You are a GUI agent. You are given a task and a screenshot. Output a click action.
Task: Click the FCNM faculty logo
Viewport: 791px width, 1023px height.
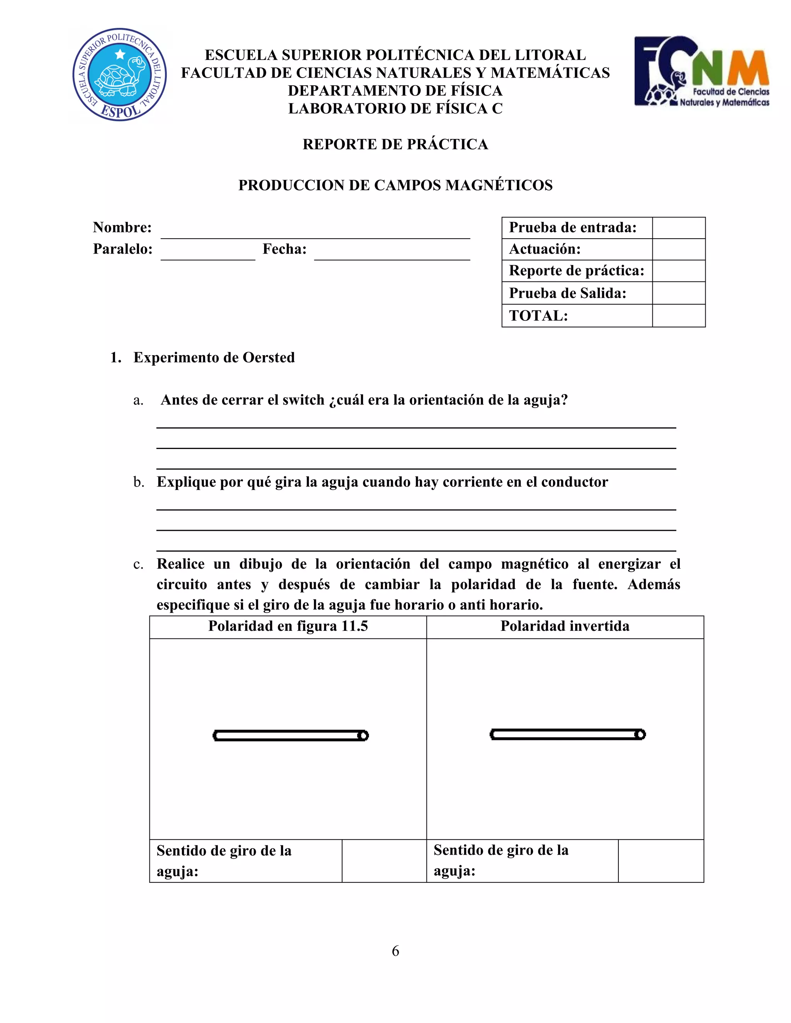[701, 72]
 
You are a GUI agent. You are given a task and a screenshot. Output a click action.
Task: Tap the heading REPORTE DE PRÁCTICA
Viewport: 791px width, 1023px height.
[395, 144]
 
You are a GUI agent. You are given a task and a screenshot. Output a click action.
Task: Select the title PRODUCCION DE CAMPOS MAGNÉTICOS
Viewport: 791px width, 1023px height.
[395, 185]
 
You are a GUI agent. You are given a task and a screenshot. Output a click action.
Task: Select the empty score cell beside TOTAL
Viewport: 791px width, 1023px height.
[678, 316]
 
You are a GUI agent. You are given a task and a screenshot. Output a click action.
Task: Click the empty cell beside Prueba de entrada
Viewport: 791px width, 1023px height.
[678, 228]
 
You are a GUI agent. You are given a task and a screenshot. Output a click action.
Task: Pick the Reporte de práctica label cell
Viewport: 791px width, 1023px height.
[576, 271]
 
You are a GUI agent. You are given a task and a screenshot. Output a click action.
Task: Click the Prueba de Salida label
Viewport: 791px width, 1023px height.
[567, 293]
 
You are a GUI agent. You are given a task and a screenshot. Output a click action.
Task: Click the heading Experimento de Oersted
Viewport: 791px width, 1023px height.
[214, 358]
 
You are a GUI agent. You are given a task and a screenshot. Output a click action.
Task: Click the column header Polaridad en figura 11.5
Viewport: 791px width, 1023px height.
[288, 626]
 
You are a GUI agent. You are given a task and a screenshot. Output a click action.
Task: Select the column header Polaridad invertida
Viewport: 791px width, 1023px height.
[565, 626]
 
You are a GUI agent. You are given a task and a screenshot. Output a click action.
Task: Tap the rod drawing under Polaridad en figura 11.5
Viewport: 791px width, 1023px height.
[290, 735]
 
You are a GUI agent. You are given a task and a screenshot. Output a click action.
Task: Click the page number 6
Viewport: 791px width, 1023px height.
[395, 951]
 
